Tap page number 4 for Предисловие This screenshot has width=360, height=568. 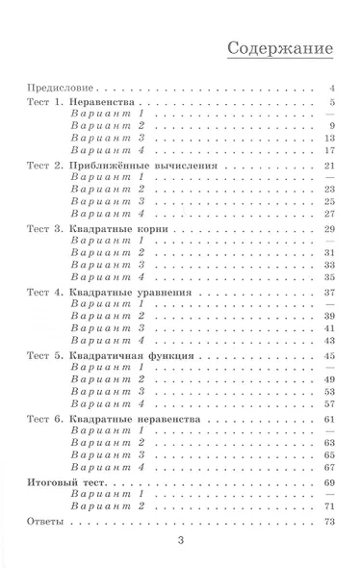coord(330,87)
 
